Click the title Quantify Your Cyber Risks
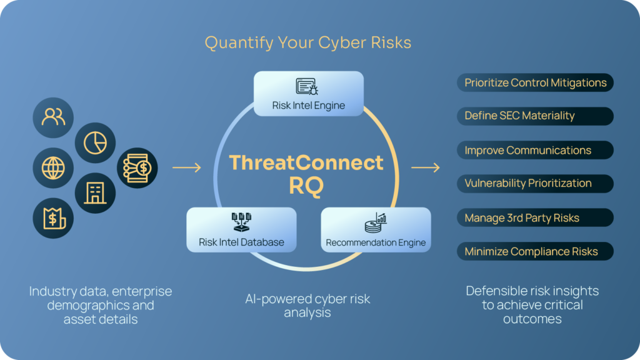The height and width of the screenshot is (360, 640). tap(307, 42)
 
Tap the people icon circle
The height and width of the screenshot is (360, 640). tap(53, 117)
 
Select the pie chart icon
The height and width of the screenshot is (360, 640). tap(95, 142)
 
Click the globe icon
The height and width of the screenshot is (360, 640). tap(53, 167)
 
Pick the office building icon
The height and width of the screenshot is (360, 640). tap(95, 192)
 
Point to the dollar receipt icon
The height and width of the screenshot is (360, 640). tap(53, 217)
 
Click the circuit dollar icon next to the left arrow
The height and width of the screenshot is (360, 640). tap(137, 167)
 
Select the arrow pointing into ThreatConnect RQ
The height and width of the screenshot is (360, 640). tap(186, 167)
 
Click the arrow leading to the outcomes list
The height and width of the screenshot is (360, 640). tap(425, 167)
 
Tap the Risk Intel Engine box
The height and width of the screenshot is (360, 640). tap(308, 93)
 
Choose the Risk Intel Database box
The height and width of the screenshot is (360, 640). tap(241, 229)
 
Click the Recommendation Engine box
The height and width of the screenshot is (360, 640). tap(376, 229)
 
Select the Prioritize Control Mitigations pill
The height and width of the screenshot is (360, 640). tap(535, 82)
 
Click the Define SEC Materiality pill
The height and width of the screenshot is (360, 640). tap(535, 116)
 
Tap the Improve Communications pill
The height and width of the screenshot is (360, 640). tap(535, 150)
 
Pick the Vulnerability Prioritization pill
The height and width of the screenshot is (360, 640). tap(535, 184)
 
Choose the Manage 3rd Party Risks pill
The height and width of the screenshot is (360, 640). tap(535, 217)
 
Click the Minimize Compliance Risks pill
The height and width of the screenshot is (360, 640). tap(535, 251)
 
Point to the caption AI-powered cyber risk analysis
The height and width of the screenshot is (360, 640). tap(307, 305)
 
